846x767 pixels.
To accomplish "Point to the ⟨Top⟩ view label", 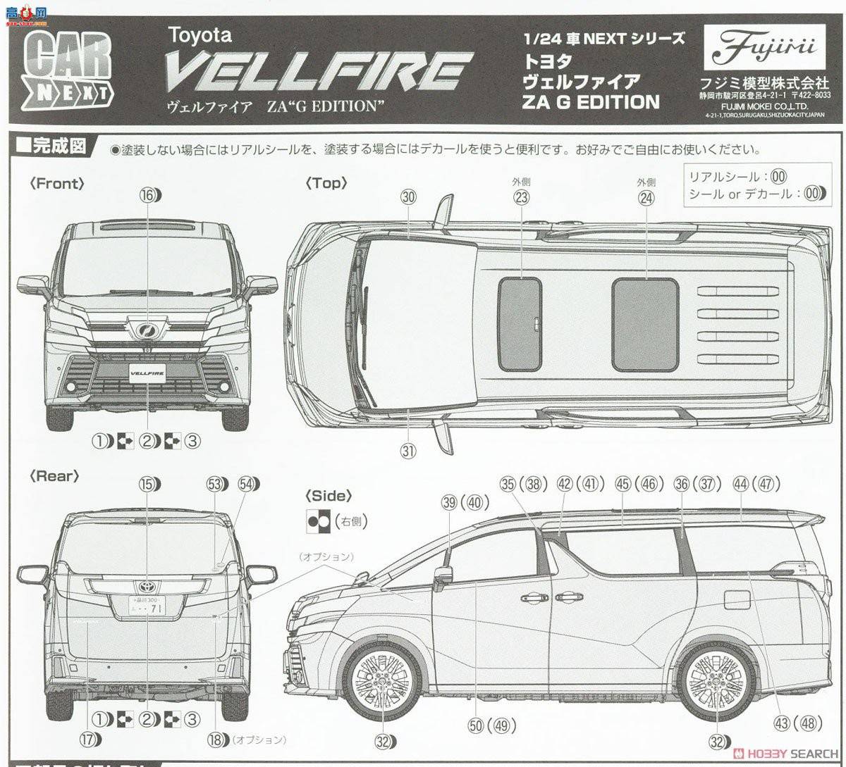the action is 326,183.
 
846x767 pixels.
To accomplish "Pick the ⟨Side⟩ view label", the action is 329,496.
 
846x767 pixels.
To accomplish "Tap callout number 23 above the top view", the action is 521,198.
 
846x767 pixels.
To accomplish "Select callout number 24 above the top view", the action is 646,198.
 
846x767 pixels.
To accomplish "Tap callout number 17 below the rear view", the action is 88,739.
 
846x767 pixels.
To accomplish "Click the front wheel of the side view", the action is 383,680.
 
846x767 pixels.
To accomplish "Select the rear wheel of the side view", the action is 716,680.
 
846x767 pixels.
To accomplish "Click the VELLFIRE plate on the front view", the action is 147,369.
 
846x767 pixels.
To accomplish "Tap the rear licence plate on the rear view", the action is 147,604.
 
